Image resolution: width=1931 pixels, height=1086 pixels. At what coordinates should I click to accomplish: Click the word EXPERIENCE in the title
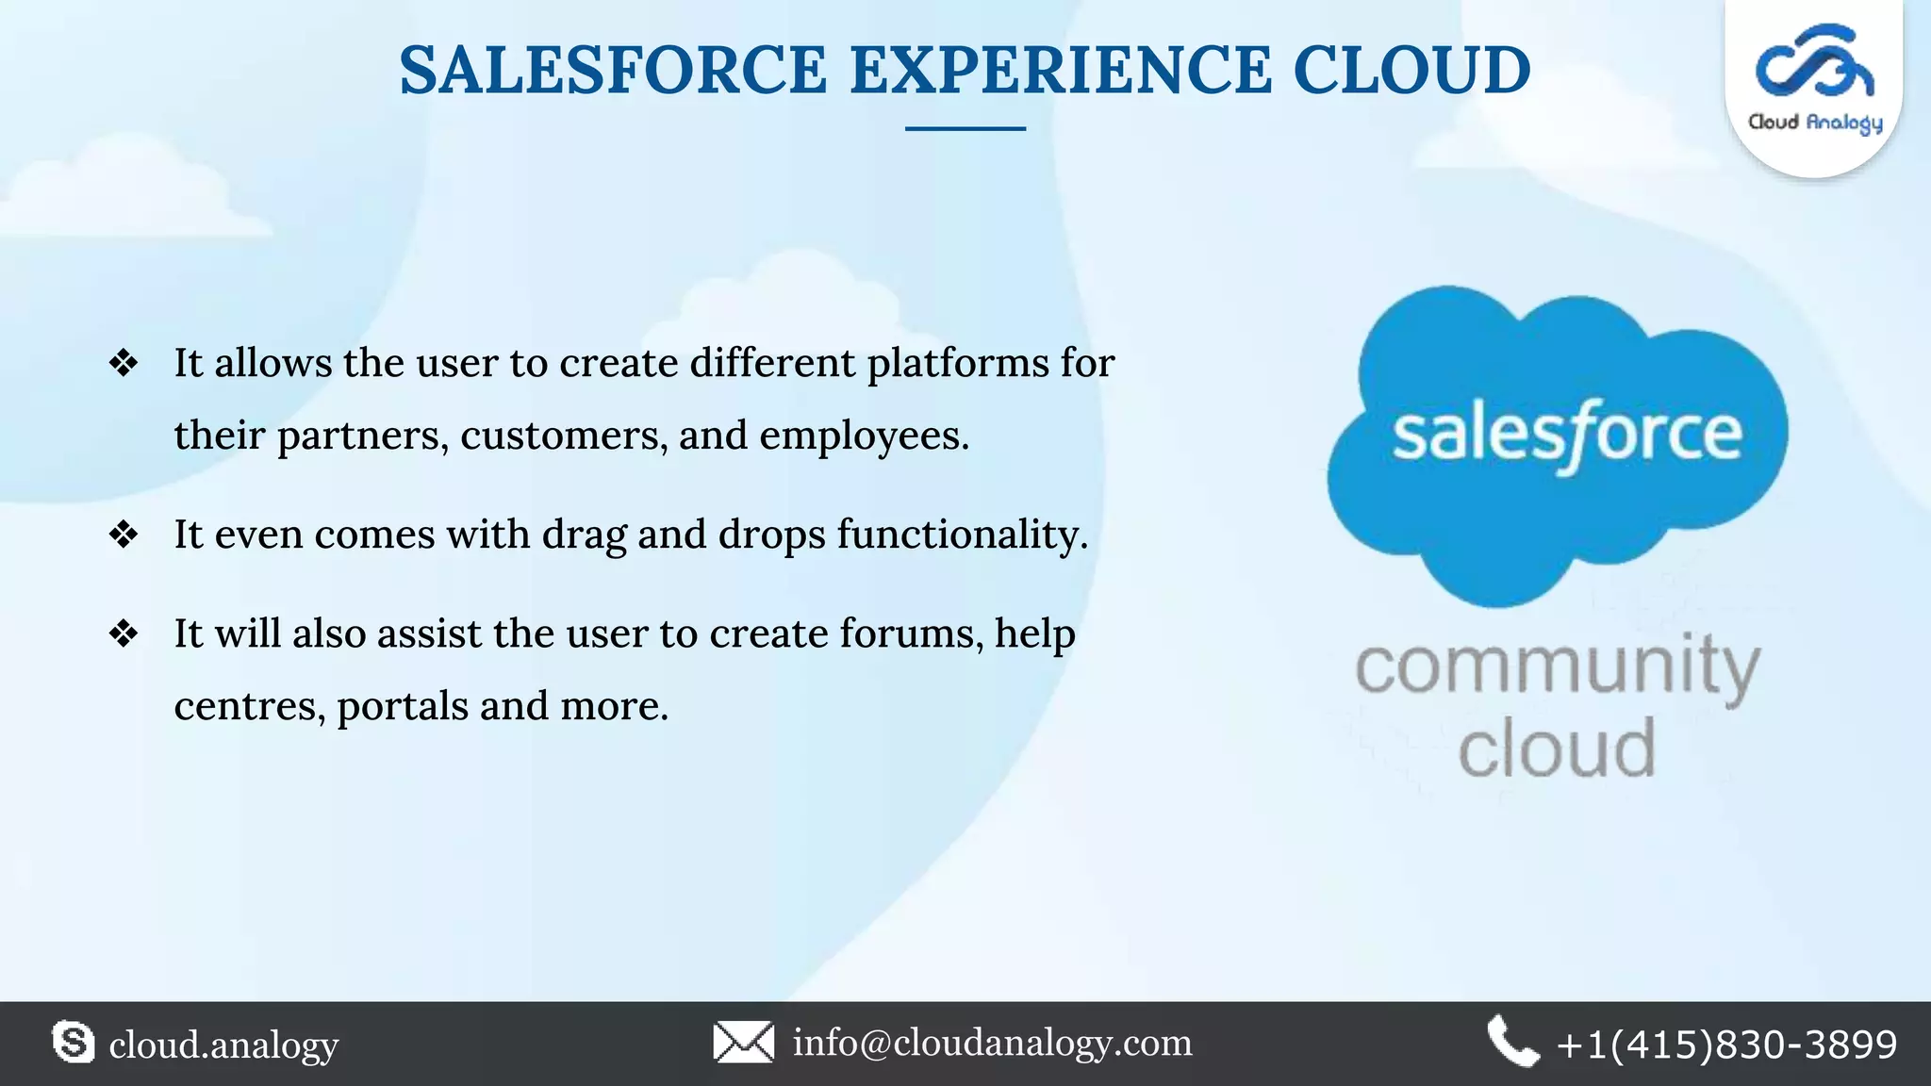(1060, 71)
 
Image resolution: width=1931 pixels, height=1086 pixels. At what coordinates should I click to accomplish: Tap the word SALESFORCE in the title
(613, 71)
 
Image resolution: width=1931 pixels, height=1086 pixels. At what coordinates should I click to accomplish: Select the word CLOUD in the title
(1411, 71)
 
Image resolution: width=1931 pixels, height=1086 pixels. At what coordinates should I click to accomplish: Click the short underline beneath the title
(965, 128)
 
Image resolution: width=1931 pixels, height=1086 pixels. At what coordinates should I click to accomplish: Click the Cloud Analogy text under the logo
(1814, 123)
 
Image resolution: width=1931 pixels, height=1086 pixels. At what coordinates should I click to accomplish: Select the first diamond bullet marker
(124, 363)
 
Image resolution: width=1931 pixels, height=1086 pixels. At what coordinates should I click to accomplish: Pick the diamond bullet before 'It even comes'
(124, 535)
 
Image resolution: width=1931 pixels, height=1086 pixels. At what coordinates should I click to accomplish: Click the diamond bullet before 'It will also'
(124, 633)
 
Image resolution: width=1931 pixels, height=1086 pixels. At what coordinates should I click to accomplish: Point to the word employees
(863, 436)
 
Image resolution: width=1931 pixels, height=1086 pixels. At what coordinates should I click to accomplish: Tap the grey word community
(1557, 667)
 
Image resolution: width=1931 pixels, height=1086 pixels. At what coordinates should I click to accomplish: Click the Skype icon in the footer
(73, 1043)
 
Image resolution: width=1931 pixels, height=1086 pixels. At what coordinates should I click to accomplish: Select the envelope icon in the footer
(743, 1043)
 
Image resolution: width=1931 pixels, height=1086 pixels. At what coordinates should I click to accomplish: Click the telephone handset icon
(1512, 1042)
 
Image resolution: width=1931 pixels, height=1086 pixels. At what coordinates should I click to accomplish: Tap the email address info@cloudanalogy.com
(992, 1043)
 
